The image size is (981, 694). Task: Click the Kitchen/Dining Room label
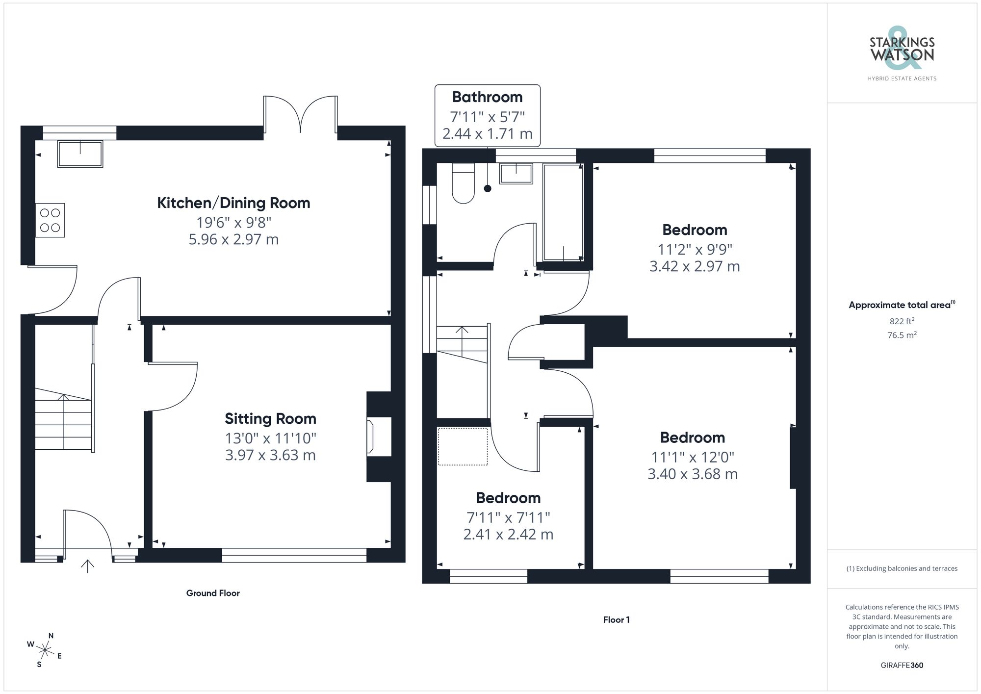point(233,203)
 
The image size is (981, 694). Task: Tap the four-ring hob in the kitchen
point(50,220)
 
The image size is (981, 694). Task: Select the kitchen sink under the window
point(80,154)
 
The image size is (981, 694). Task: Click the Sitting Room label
point(270,419)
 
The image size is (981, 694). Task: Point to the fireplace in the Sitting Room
point(379,436)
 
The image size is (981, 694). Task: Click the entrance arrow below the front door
point(88,566)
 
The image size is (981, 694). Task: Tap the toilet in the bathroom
point(463,183)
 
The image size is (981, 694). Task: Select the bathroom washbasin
point(516,174)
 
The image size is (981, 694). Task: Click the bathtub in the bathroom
point(563,212)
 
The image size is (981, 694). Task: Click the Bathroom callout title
point(487,97)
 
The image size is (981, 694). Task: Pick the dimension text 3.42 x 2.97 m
point(695,266)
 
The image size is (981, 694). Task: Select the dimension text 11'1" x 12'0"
point(693,457)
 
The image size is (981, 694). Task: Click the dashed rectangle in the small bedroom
point(463,446)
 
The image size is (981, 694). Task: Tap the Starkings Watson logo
point(902,54)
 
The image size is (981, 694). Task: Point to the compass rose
point(45,651)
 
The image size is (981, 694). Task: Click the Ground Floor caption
point(213,593)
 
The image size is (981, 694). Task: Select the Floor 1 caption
point(617,620)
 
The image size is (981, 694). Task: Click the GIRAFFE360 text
point(902,666)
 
